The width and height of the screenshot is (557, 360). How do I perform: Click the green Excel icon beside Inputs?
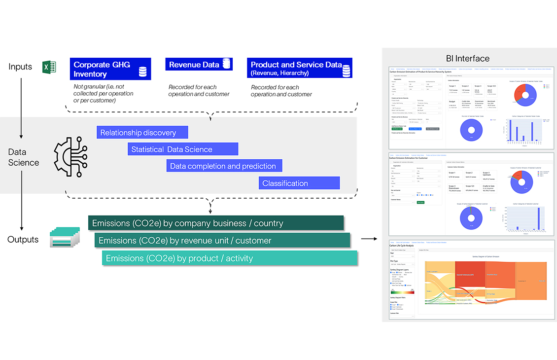[x=49, y=68]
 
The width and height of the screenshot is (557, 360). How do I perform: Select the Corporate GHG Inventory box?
[x=110, y=69]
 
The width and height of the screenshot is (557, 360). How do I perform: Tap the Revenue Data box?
[x=199, y=65]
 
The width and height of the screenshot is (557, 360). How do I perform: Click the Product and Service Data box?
[x=299, y=68]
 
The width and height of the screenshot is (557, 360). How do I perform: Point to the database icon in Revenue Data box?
[x=227, y=64]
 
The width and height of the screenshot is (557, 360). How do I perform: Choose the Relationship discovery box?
[x=142, y=132]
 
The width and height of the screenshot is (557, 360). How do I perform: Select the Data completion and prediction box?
[x=224, y=166]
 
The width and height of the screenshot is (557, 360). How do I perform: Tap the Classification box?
[x=299, y=183]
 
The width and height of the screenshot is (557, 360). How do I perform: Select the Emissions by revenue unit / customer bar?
[x=222, y=240]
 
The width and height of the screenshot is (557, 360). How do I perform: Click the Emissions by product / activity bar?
[x=229, y=258]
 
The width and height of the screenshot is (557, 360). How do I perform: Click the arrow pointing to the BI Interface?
[x=368, y=239]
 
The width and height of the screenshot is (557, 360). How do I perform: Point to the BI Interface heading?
[x=467, y=58]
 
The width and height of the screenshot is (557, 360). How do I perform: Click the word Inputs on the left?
[x=20, y=67]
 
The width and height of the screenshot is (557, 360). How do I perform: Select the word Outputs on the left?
[x=23, y=239]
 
